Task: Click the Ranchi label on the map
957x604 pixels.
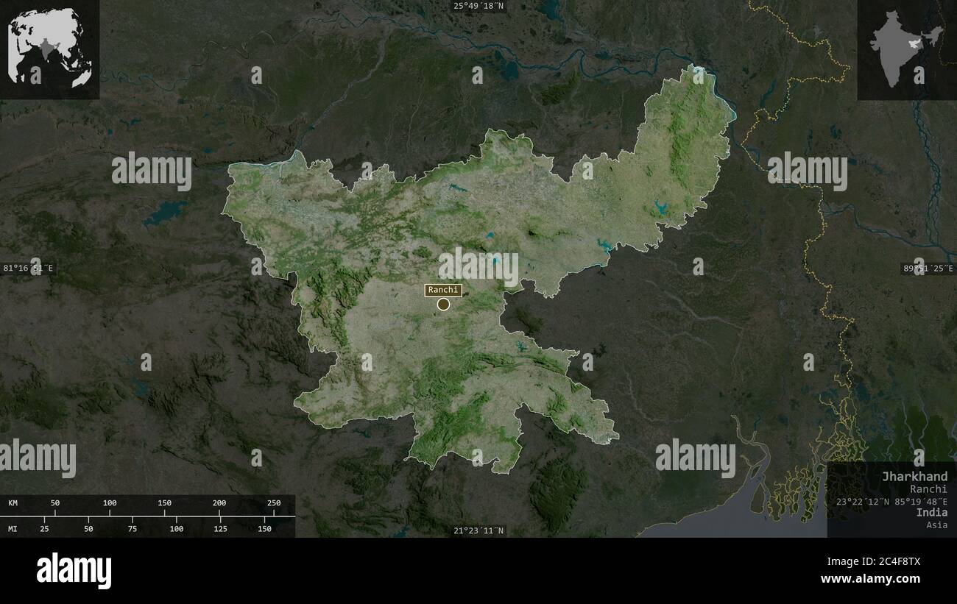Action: pos(442,290)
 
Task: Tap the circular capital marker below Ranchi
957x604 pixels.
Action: pos(443,304)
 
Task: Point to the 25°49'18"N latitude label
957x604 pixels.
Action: pos(478,6)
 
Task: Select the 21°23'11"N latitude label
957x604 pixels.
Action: pos(478,530)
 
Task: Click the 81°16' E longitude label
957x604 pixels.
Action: pos(28,268)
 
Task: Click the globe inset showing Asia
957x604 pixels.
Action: pos(49,49)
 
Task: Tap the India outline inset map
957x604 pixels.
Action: pos(906,49)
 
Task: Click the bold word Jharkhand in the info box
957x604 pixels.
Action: pos(915,477)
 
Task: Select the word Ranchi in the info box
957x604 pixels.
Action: pos(928,488)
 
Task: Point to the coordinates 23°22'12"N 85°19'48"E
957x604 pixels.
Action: pos(891,501)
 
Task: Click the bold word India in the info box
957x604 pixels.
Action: pos(932,513)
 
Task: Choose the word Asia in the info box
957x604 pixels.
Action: pos(937,525)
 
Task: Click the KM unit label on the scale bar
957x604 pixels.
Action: pos(13,503)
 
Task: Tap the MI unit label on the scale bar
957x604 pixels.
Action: pos(13,528)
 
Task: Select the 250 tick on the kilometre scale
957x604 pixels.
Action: pos(274,503)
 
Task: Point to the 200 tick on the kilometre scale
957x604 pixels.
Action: pos(219,503)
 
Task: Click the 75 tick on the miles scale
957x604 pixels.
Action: pos(133,528)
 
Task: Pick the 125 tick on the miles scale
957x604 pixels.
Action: pos(221,528)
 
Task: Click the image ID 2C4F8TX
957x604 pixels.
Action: pos(891,561)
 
